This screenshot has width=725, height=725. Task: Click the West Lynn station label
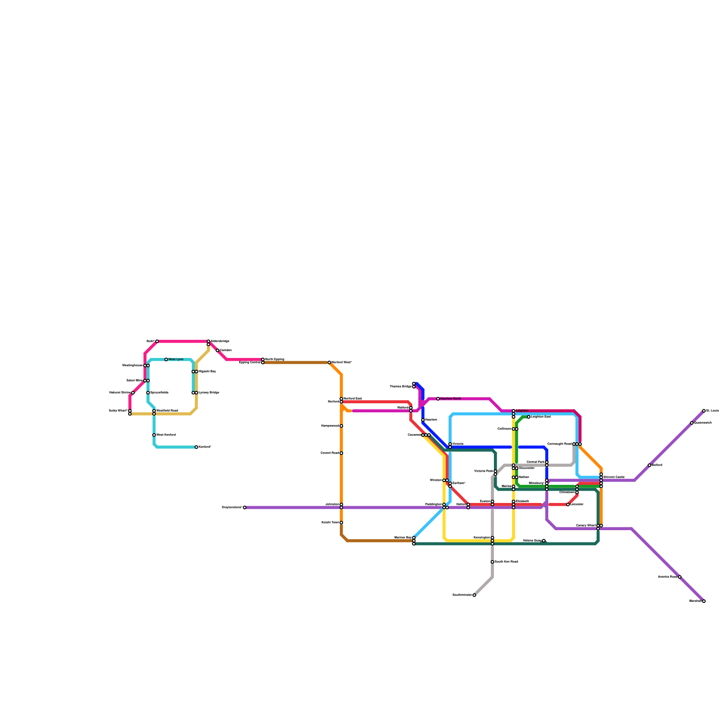(176, 359)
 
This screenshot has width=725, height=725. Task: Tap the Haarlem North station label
(450, 399)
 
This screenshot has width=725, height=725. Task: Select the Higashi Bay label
(207, 372)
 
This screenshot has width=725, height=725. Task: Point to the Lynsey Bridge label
(208, 393)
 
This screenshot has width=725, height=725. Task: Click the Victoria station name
(458, 444)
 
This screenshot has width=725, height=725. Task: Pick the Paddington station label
(433, 504)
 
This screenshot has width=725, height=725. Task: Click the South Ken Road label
(506, 562)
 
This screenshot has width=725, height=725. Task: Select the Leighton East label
(541, 417)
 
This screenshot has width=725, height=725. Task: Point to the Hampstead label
(330, 426)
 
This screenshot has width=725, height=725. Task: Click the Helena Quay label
(532, 541)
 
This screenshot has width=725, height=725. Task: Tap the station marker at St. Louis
(704, 411)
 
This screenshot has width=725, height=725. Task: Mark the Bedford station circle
(649, 465)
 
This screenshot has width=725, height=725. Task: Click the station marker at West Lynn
(166, 359)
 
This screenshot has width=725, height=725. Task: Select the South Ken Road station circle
(493, 562)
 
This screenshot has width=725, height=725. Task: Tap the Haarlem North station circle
(438, 399)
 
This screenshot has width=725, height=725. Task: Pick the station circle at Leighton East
(529, 417)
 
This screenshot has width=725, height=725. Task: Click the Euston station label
(485, 501)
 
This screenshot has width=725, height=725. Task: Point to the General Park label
(536, 462)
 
